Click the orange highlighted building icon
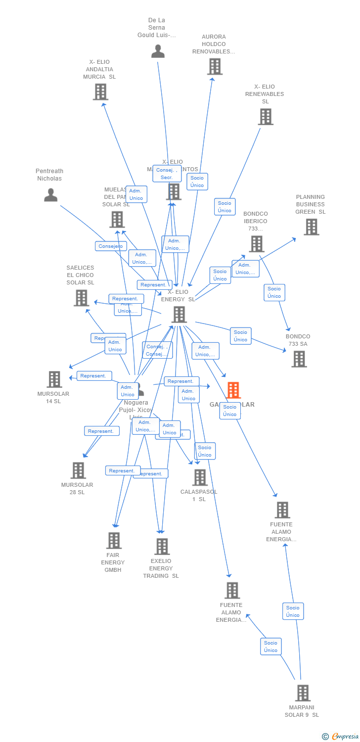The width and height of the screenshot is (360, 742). point(233,390)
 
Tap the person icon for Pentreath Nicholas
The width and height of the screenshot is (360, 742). point(50,195)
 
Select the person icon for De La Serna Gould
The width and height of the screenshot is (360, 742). point(158,51)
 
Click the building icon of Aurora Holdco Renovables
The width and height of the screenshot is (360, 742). point(215,66)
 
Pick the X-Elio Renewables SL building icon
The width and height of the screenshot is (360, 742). point(266,117)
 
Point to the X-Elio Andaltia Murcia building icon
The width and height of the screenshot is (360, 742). point(100,92)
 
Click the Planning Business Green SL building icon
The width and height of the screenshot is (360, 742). point(311,227)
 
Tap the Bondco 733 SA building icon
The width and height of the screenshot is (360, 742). point(299,359)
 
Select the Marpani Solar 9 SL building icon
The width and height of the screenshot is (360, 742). point(303,693)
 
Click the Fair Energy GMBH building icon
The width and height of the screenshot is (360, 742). point(114,541)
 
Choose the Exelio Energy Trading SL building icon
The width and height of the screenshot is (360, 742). point(162,547)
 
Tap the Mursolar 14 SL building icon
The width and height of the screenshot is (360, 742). point(54,379)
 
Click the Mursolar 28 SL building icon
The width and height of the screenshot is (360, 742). point(78,470)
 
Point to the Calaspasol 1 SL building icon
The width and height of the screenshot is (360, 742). point(200,477)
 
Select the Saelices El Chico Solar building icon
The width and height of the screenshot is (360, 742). point(81,298)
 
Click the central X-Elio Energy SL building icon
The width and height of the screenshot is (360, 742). point(179,314)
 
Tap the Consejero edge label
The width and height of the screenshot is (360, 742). point(111,246)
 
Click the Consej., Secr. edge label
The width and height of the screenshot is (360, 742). point(167,174)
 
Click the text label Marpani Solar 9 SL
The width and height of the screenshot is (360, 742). point(302,711)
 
